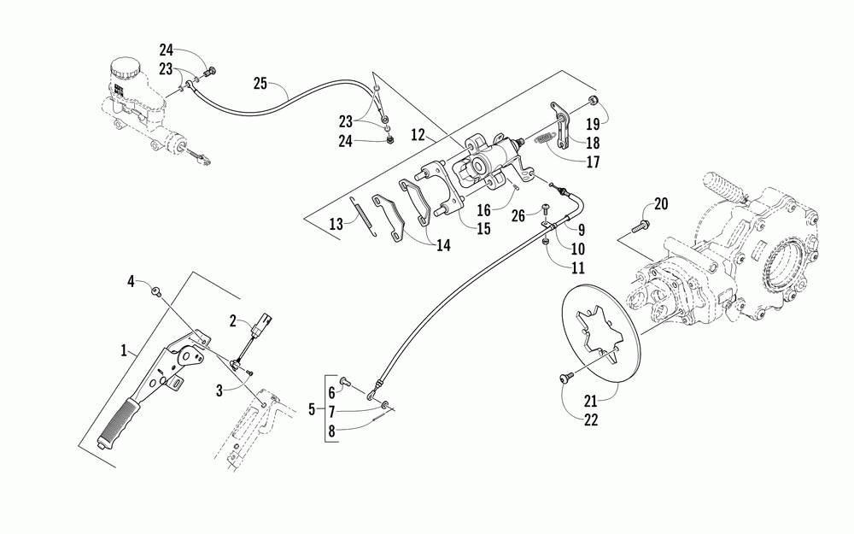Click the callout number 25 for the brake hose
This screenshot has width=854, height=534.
point(260,83)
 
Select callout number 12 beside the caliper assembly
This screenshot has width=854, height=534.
point(418,133)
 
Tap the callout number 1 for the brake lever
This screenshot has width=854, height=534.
point(125,350)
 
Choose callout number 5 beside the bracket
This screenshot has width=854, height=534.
point(312,410)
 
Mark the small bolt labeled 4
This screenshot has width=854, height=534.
point(155,293)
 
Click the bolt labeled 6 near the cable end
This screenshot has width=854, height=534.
point(345,382)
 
